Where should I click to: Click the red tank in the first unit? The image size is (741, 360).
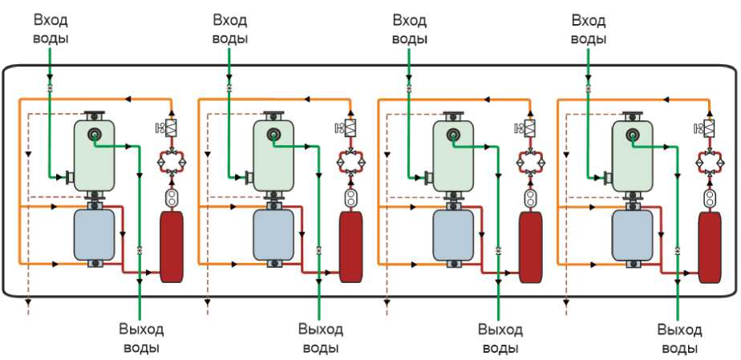coord(172,247)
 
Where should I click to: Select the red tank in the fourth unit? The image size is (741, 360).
coord(710,247)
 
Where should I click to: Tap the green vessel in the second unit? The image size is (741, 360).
coord(273,156)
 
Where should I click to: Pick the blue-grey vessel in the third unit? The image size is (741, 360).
coord(453,235)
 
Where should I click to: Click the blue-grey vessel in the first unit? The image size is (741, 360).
coord(95,235)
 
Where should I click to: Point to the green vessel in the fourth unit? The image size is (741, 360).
coord(632,156)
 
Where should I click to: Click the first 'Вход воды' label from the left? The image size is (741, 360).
coord(51,30)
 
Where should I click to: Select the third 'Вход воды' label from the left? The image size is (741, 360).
coord(410,30)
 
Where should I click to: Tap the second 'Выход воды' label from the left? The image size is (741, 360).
coord(321,338)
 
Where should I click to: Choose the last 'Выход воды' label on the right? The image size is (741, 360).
coord(680,338)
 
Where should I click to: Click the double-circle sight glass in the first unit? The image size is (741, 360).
coord(171,197)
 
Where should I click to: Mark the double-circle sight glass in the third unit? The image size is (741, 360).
coord(530,197)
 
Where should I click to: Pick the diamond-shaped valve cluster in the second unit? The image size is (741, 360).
coord(350,163)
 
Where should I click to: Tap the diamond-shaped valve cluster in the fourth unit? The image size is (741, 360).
coord(710,163)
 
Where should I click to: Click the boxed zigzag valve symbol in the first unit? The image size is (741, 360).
coord(171,127)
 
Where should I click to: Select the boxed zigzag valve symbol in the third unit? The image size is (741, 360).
coord(530,127)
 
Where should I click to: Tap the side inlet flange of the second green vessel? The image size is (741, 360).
coord(249,177)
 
